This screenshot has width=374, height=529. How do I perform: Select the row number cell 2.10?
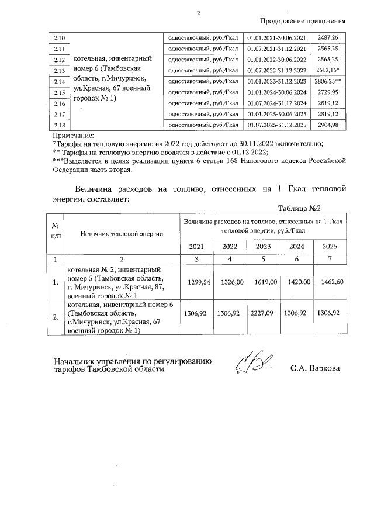(x=58, y=38)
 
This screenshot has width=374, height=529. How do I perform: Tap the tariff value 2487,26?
(x=328, y=38)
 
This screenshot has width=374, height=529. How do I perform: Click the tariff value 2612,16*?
(x=329, y=70)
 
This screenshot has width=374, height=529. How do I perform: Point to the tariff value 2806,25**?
(x=329, y=81)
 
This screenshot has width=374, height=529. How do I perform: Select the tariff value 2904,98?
(x=328, y=125)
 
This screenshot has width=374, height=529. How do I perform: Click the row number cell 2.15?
(x=58, y=92)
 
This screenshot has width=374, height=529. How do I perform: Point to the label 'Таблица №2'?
(x=300, y=209)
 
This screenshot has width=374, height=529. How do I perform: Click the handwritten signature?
(x=252, y=364)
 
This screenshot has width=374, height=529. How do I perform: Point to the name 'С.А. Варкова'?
(x=314, y=368)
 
